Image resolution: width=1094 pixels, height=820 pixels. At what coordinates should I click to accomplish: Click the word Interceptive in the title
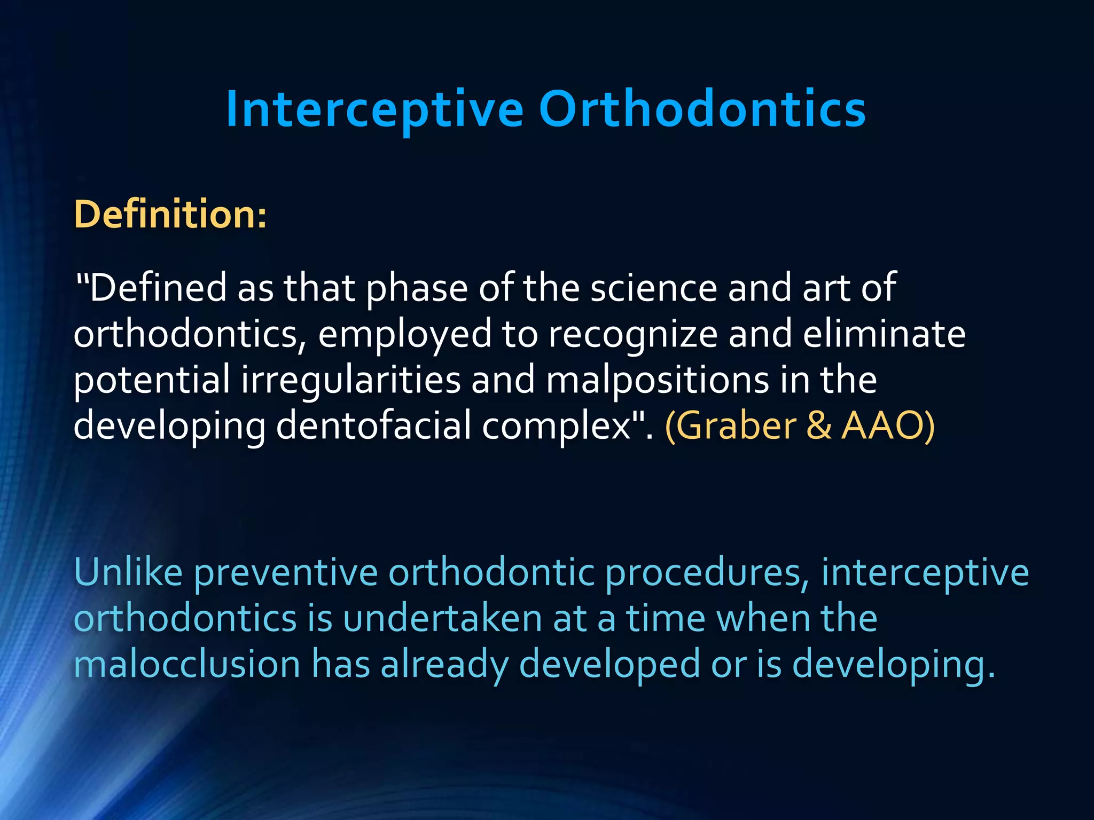pos(374,109)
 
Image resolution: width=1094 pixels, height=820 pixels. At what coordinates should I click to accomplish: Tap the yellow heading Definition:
pos(170,215)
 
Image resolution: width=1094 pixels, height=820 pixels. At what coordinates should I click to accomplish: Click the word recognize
pos(632,335)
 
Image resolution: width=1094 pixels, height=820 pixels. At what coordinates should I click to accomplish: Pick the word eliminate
pos(884,334)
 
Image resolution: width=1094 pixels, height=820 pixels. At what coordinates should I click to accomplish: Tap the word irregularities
pos(350,380)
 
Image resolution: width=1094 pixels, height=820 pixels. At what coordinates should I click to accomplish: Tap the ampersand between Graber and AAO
pos(819,426)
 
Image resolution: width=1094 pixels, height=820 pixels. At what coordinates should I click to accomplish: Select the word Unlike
pos(128,572)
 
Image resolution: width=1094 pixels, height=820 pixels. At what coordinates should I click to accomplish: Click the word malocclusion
pos(187,665)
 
